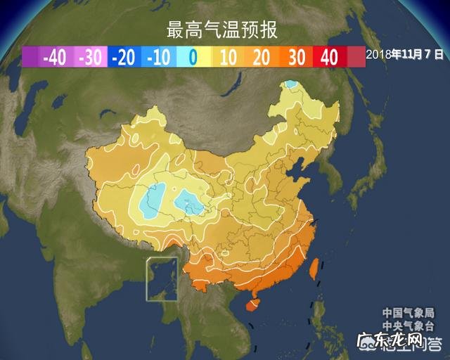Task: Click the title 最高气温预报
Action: tap(221, 30)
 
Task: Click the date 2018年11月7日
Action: tap(406, 53)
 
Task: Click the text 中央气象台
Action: tap(409, 324)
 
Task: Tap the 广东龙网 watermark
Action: tap(401, 342)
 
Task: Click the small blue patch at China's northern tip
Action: tap(290, 86)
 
